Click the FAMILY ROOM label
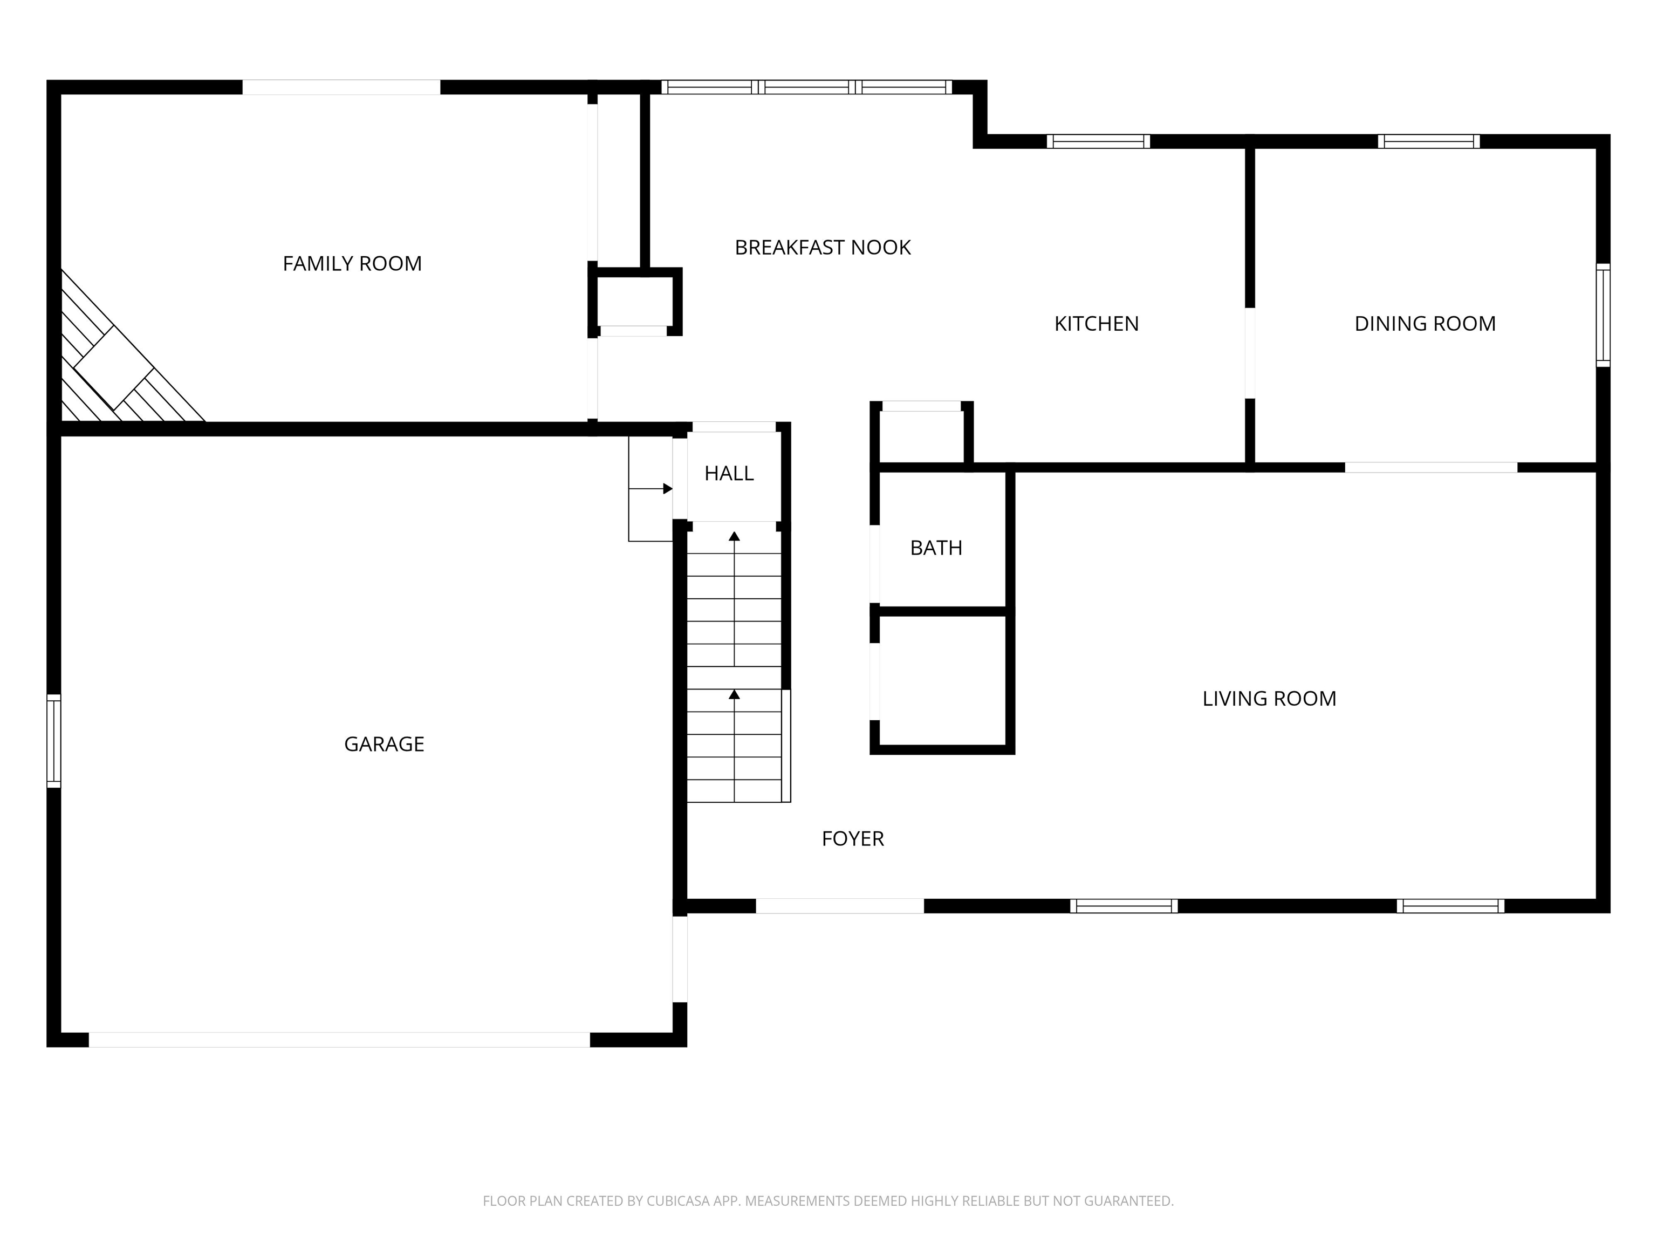pos(352,264)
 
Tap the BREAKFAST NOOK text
pos(823,247)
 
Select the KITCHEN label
pos(1097,324)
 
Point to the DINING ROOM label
pos(1425,324)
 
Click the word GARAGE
pos(384,744)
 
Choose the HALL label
pos(729,474)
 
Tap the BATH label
pos(936,548)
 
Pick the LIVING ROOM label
pos(1269,698)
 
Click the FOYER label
pos(852,838)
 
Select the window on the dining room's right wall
pos(1603,315)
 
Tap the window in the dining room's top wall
pos(1428,141)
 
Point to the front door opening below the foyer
pos(840,906)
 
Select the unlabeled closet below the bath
pos(942,681)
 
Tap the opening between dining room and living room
pos(1431,468)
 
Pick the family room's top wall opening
pos(341,87)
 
